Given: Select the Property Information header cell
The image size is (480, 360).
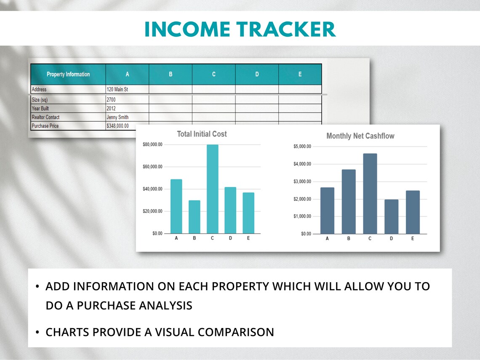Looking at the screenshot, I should point(68,75).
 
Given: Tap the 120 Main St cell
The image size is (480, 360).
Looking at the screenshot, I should point(127,89).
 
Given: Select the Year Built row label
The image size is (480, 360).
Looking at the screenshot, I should point(41,108).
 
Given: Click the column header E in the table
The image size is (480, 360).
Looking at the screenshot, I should point(300,75).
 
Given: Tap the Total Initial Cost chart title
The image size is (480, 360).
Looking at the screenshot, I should point(202,134).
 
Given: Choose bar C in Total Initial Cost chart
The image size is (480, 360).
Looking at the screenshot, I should point(212,189).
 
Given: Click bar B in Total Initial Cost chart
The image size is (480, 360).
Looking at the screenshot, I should point(194,217).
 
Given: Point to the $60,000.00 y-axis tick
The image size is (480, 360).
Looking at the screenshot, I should point(152,167).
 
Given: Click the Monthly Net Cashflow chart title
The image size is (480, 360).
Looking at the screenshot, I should point(360,136).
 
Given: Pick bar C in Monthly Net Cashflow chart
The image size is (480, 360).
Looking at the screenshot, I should point(370,194).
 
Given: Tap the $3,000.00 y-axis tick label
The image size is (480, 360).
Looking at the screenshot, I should point(302,181).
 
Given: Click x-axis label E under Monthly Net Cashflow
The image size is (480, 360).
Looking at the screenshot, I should point(413,239).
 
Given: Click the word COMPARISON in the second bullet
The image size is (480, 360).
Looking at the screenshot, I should point(236,332).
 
